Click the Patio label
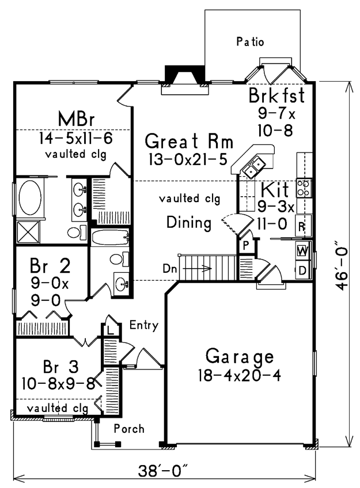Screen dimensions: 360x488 [250, 41]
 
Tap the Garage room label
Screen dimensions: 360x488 [240, 357]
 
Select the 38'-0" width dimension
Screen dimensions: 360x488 [164, 471]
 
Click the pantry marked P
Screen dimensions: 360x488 [247, 246]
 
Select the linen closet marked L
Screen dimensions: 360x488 [110, 330]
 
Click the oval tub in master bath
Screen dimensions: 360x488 [30, 197]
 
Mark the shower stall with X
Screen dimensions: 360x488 [28, 232]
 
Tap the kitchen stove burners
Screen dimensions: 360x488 [304, 188]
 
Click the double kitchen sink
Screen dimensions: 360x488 [253, 167]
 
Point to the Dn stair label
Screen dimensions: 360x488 [170, 268]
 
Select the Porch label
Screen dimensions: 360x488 [129, 429]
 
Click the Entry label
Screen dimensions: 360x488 [144, 325]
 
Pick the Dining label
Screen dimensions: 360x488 [189, 223]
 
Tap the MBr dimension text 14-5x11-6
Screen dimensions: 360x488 [75, 138]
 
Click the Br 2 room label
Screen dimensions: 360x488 [50, 266]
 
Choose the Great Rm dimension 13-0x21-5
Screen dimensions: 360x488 [188, 159]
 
